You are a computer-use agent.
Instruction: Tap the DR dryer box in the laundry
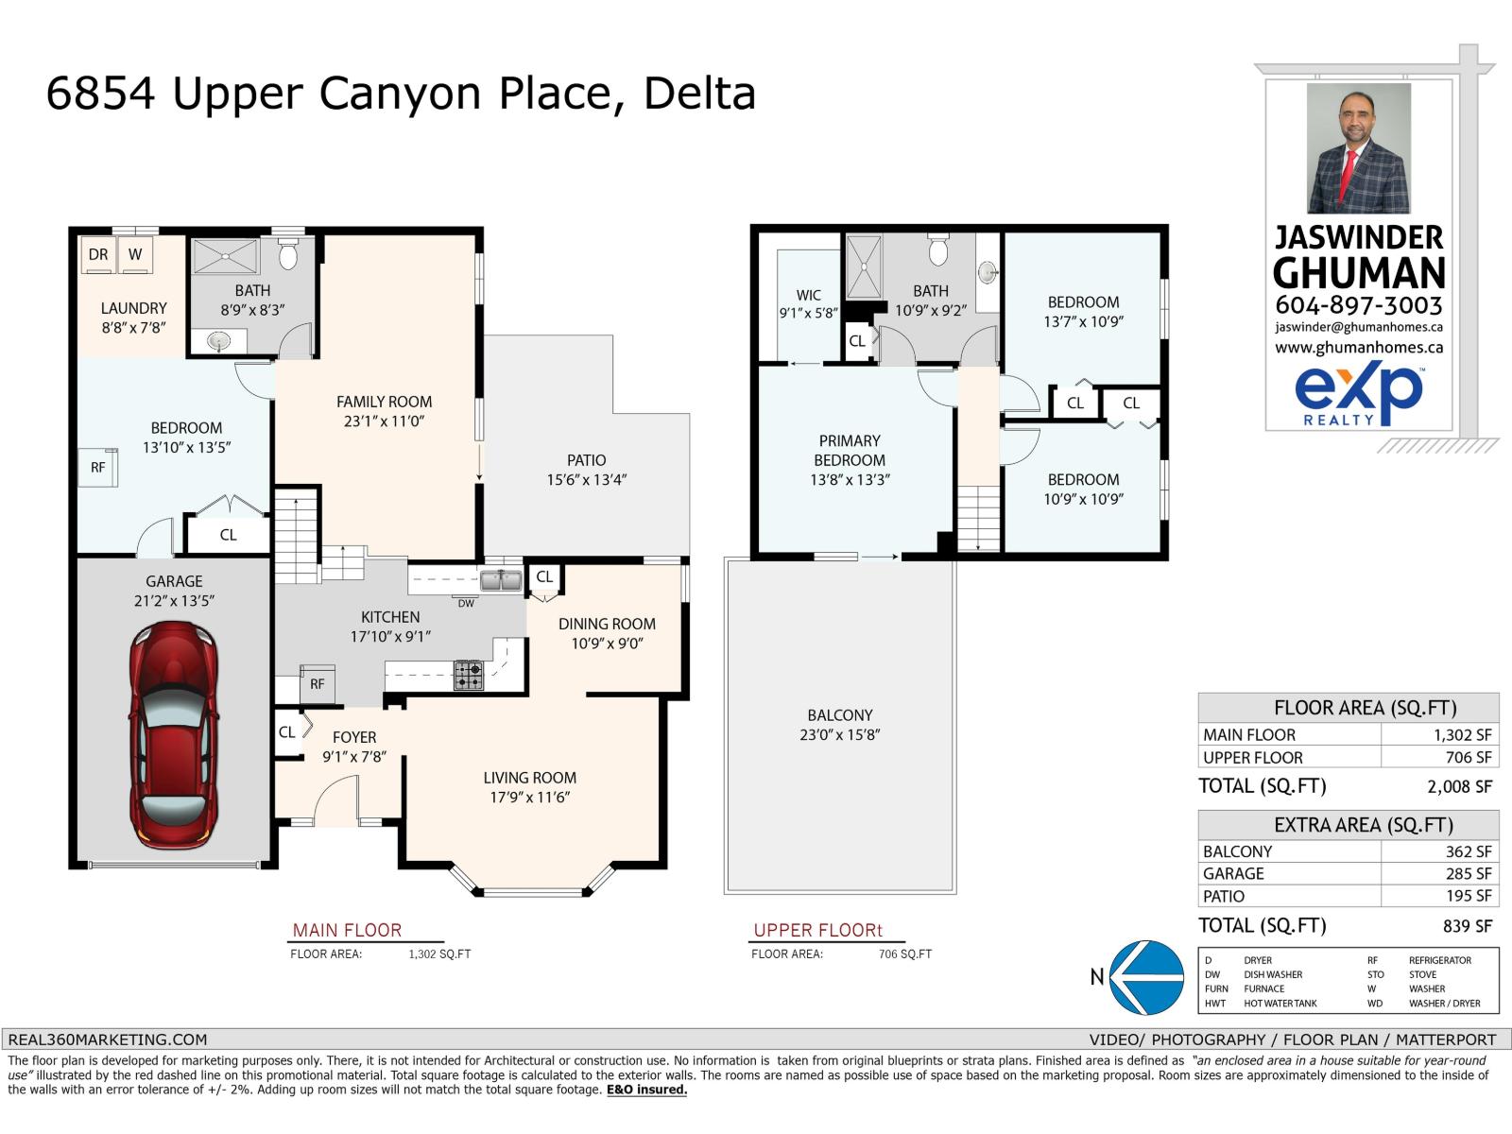[98, 255]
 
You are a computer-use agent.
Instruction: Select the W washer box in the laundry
[135, 255]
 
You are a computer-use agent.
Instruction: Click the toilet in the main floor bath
[288, 254]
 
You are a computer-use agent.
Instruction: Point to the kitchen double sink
[501, 580]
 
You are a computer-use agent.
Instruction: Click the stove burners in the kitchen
[469, 675]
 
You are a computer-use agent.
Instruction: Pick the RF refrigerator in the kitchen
[317, 683]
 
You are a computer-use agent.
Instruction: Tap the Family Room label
[384, 402]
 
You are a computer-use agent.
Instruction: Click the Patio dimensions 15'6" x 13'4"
[586, 479]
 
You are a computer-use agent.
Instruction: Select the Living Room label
[530, 778]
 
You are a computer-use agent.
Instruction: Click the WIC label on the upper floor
[808, 295]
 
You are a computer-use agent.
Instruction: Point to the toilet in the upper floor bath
[938, 250]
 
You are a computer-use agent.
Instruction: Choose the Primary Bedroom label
[850, 451]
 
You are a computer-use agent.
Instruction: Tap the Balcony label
[840, 714]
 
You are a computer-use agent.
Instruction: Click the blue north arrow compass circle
[1147, 977]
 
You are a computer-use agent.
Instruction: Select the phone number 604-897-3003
[1358, 305]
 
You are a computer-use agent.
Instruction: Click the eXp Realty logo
[1358, 395]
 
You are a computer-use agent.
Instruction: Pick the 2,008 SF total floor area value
[1459, 786]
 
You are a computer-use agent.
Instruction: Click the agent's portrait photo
[1358, 148]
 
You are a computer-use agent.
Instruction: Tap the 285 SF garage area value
[1468, 874]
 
